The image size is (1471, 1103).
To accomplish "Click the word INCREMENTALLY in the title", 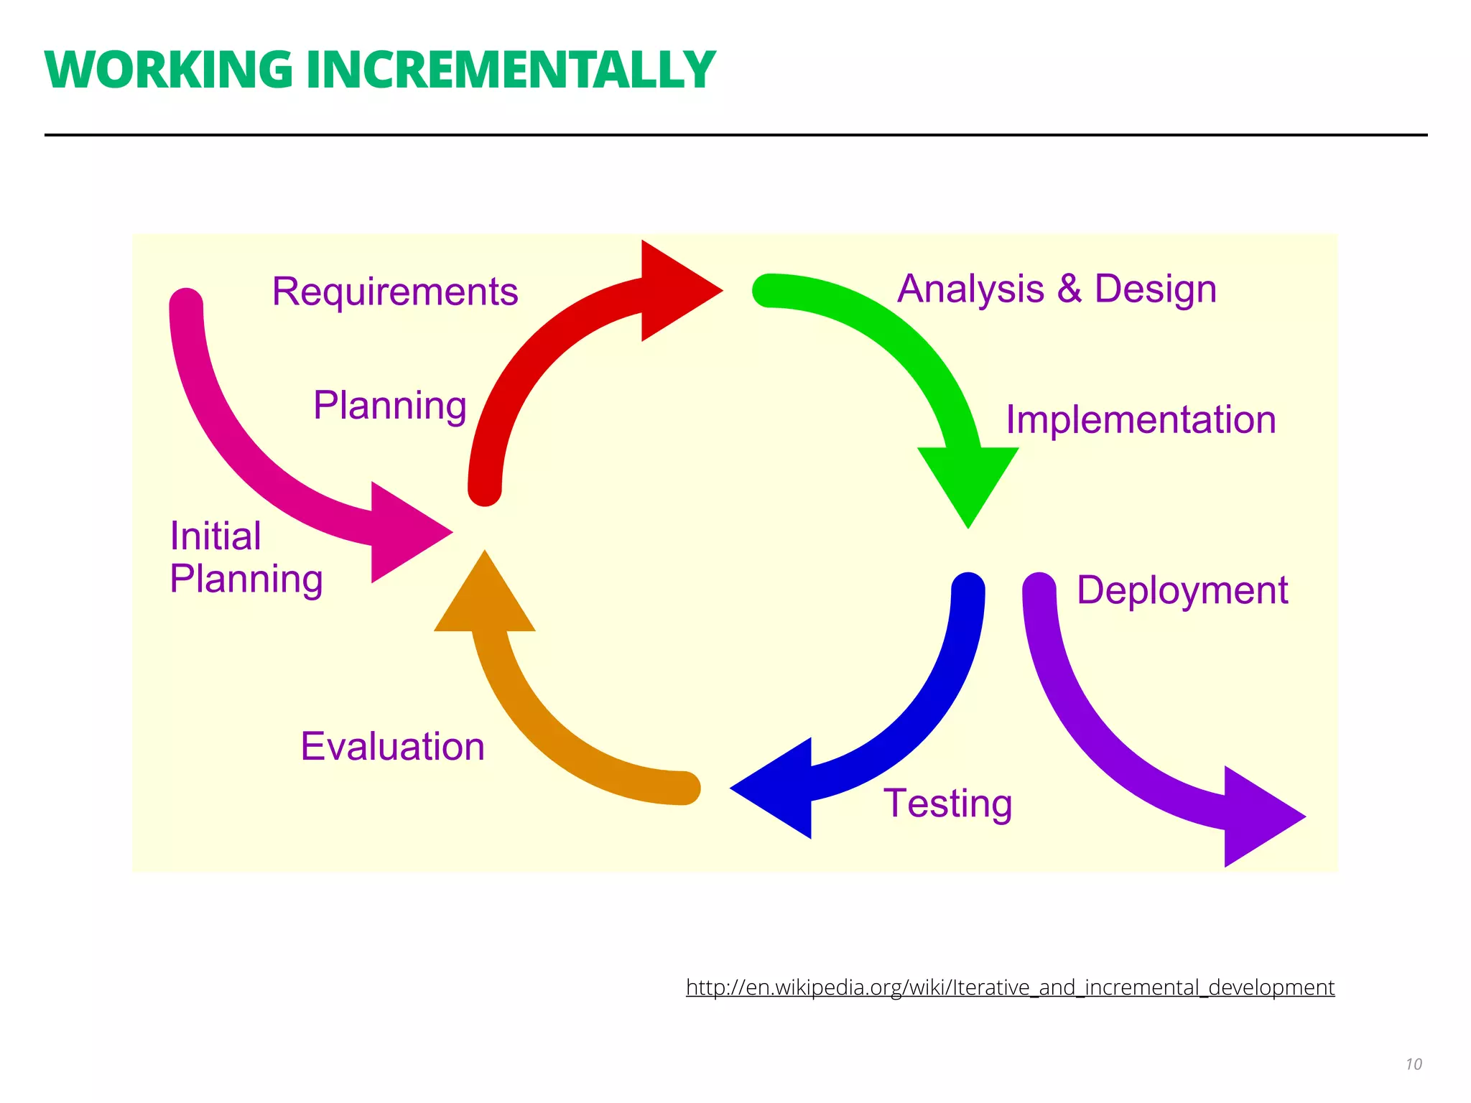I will coord(511,70).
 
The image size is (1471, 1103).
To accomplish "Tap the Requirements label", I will coord(394,292).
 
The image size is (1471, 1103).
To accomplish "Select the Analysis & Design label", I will coord(1057,289).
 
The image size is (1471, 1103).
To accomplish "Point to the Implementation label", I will coord(1141,419).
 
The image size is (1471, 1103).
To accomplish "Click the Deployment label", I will coord(1182,590).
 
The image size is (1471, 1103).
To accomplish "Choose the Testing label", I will coord(947,803).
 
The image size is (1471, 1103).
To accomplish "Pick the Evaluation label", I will coord(392,746).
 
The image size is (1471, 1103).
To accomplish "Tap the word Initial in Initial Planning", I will coord(215,536).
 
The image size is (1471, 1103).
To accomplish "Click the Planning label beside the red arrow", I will coord(390,405).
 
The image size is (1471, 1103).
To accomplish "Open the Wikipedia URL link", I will coord(1010,987).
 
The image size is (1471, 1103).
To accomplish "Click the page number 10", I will coord(1414,1064).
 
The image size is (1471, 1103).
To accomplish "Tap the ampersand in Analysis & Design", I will coord(1069,289).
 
